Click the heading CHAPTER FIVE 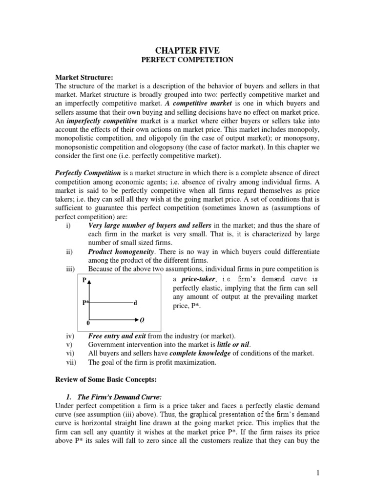tap(187, 50)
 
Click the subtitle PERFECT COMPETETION tap(187, 60)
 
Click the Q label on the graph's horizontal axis tap(142, 320)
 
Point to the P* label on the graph tap(85, 303)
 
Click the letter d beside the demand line tap(135, 303)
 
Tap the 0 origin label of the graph tap(88, 323)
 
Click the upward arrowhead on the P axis tap(91, 281)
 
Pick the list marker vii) tap(71, 362)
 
